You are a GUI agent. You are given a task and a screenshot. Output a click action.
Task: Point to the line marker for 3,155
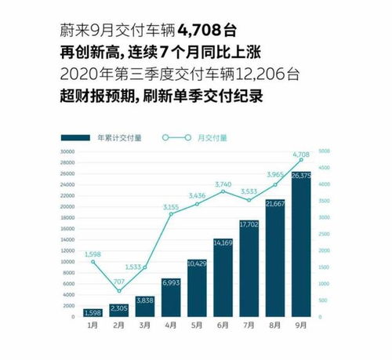171,214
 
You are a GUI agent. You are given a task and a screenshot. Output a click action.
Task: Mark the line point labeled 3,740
223,191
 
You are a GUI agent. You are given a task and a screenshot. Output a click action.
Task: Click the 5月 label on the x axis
197,324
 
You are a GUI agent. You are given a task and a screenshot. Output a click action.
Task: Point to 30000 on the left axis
66,151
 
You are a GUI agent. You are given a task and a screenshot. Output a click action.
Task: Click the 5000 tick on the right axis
325,151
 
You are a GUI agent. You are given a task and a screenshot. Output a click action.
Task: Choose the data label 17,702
249,224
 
